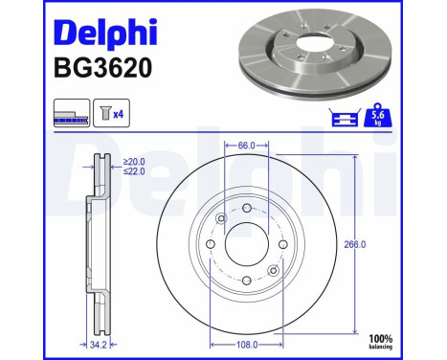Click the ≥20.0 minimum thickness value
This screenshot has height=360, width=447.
tap(135, 162)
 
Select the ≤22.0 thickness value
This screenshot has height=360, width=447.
tap(135, 172)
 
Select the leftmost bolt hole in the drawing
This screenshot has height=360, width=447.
tap(210, 245)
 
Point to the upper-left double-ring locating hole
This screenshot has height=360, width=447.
tap(220, 219)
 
